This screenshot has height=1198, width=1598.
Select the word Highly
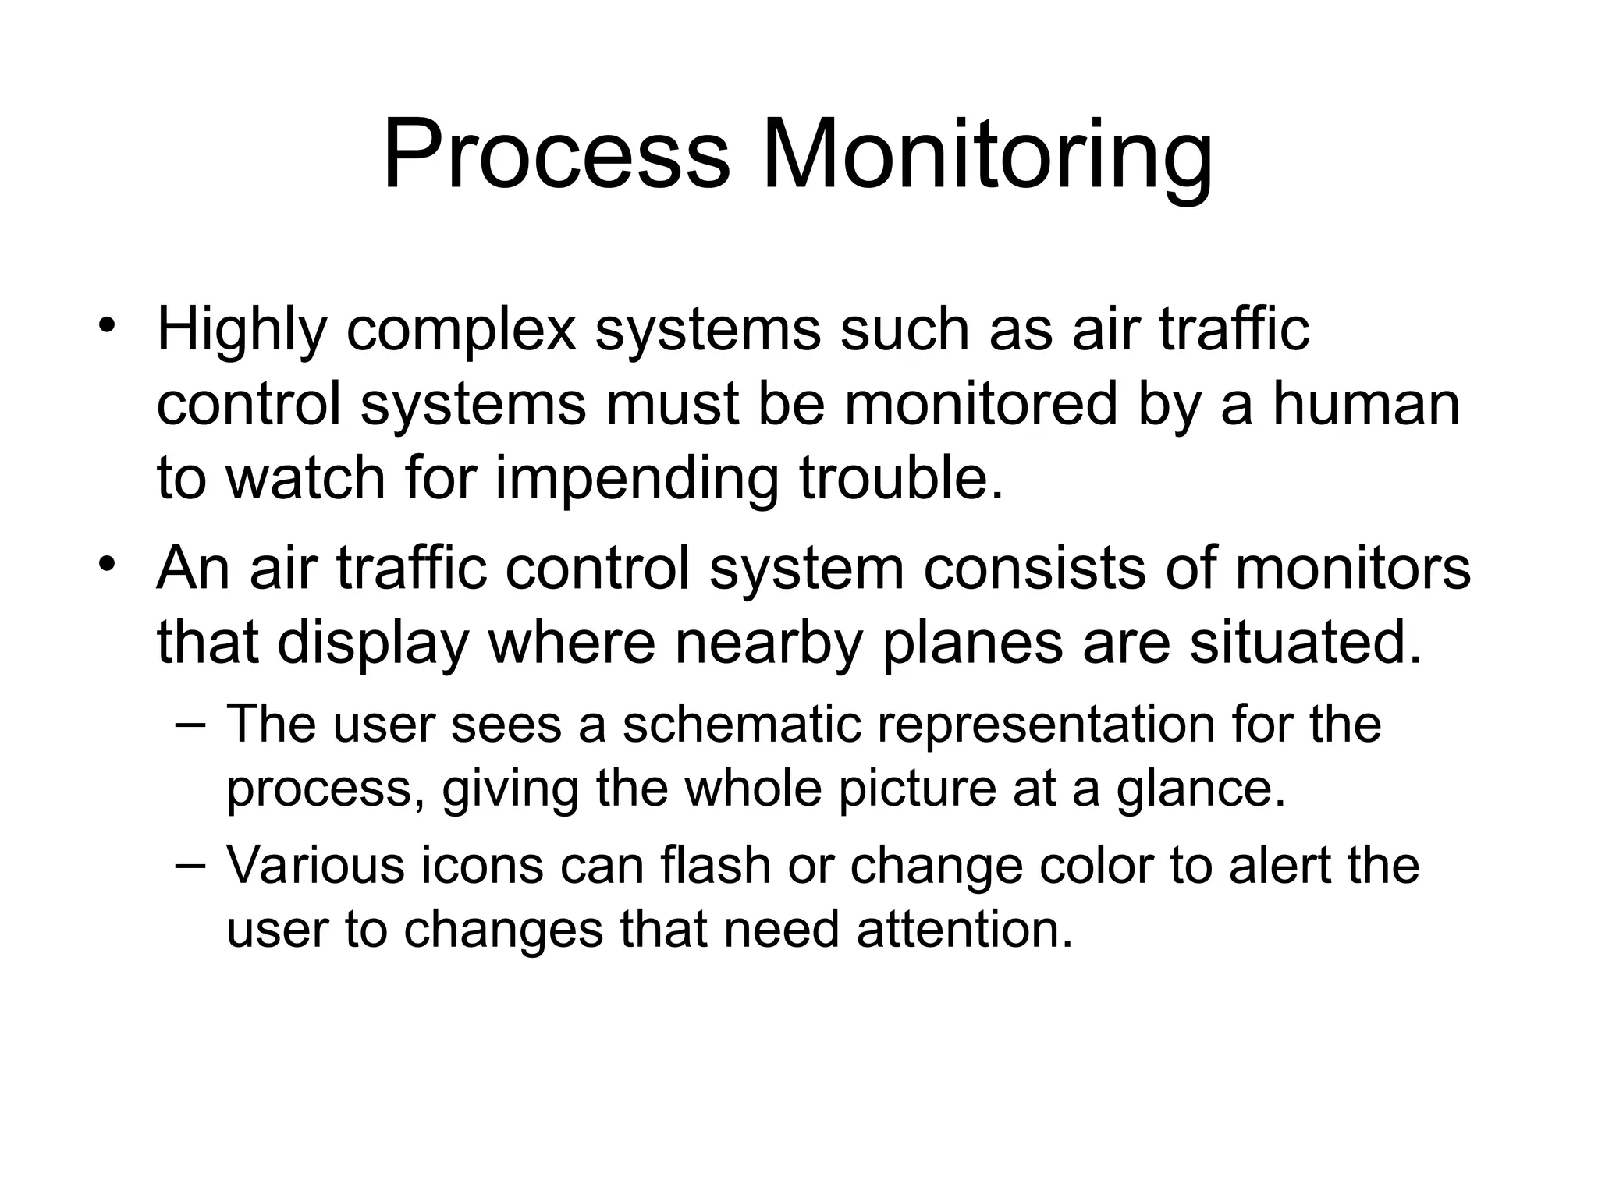pos(241,331)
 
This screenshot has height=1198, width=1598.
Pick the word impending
pos(637,479)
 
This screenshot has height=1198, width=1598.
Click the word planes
pos(972,643)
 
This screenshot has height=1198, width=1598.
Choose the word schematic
pos(741,725)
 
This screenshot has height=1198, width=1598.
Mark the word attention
pos(964,930)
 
